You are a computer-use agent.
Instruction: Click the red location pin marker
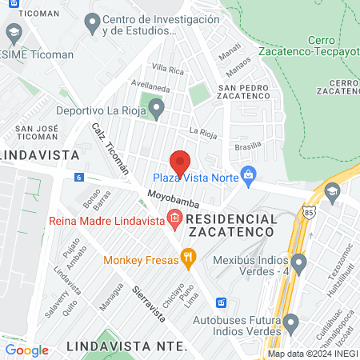(180, 162)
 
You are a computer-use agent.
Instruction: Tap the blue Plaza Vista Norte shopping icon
(249, 173)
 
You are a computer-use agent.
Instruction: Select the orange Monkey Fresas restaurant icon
(188, 258)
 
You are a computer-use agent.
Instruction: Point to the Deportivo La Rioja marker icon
(157, 106)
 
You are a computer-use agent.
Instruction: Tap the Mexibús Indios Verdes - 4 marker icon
(298, 261)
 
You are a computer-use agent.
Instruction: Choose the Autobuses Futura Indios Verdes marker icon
(292, 325)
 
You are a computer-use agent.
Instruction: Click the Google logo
(26, 350)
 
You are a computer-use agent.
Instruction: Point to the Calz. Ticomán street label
(110, 150)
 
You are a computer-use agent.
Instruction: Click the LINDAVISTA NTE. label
(128, 346)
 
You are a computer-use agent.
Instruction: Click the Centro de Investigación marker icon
(93, 22)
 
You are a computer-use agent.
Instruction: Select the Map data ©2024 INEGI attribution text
(312, 353)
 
